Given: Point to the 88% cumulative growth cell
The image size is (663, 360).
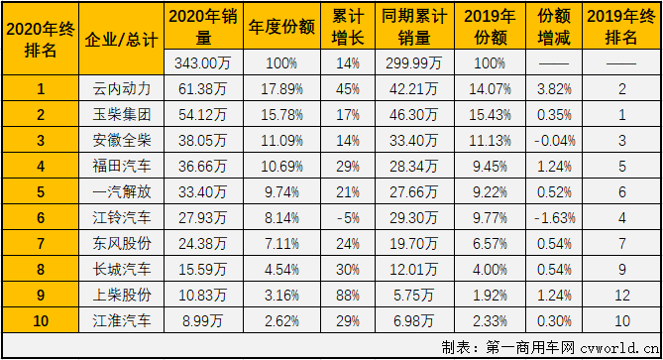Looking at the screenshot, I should [345, 294].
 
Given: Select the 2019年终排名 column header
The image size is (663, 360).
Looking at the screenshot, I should [620, 28].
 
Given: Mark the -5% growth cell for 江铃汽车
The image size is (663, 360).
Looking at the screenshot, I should [345, 216].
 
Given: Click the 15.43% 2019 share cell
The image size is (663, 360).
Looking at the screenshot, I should [491, 114].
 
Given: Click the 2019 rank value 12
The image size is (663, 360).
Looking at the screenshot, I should [620, 294].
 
